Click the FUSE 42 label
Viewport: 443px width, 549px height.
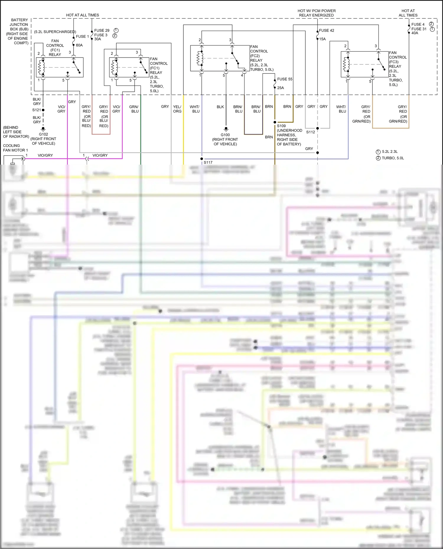point(326,30)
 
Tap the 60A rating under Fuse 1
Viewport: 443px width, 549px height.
point(79,45)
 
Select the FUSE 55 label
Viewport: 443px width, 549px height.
point(284,79)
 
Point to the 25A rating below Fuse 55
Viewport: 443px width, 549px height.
point(280,88)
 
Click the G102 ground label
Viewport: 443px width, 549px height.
point(43,134)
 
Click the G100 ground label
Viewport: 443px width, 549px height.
point(225,135)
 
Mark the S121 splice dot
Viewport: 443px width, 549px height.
point(43,110)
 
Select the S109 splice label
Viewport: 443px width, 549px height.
point(281,126)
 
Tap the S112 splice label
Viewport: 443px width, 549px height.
point(310,132)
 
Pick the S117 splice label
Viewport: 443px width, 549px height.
point(208,163)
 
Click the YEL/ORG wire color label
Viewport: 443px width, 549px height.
point(177,109)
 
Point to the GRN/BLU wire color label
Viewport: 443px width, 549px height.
point(134,109)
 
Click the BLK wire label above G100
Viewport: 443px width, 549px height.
point(220,107)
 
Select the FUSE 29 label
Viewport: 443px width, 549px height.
point(102,30)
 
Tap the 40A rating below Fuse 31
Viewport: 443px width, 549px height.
point(415,33)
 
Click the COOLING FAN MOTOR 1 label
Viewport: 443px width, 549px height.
point(15,148)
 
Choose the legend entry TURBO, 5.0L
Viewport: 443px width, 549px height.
point(393,158)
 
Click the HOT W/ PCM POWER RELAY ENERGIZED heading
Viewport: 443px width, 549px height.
point(316,13)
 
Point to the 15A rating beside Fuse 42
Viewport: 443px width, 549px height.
point(322,39)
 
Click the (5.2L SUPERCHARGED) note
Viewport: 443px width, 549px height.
point(55,32)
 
